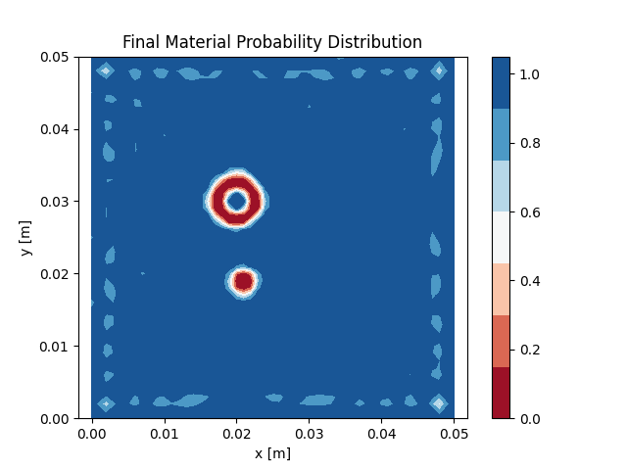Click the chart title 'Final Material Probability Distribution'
(x=271, y=42)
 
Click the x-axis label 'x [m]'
(x=272, y=453)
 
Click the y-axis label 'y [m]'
(x=26, y=238)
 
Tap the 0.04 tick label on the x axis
(x=381, y=433)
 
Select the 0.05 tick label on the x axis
(x=454, y=433)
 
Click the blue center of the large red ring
(x=236, y=201)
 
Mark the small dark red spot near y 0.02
(x=243, y=282)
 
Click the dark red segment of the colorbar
(x=501, y=393)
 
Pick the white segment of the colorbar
(x=501, y=238)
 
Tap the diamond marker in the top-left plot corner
(x=106, y=70)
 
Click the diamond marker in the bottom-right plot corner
(x=439, y=403)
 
